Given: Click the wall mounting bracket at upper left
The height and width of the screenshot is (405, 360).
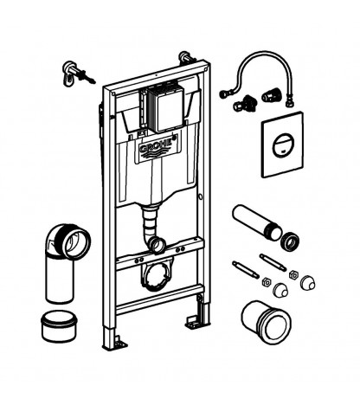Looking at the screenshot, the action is point(77,74).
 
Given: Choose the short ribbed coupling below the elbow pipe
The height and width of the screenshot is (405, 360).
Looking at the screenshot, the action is point(60,326).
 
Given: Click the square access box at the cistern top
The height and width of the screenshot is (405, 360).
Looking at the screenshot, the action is point(166,107).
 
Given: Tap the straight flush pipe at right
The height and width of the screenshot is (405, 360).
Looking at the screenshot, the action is point(256,222).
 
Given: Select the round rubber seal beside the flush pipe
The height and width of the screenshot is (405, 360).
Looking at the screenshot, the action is point(290,241).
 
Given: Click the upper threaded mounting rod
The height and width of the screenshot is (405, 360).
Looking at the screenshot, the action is point(273,262).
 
